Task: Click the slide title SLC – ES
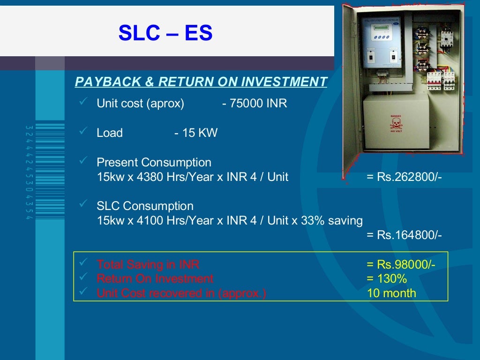tap(165, 33)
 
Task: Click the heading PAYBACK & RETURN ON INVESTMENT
tap(201, 82)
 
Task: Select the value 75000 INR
tap(257, 104)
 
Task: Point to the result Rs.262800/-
tap(404, 178)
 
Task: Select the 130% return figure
tap(387, 279)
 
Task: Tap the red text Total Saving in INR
tap(148, 265)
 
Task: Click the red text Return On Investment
tap(155, 279)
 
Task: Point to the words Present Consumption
tap(154, 163)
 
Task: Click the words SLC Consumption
tap(145, 206)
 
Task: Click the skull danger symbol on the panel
tap(396, 123)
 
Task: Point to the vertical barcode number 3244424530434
tap(28, 173)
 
